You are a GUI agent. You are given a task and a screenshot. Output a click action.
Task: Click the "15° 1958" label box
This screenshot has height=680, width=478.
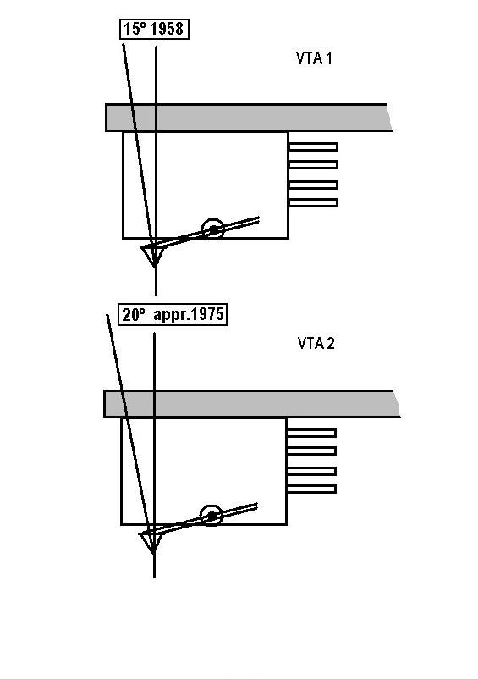(x=154, y=29)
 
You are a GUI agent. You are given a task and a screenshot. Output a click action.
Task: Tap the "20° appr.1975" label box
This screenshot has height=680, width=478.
(x=173, y=314)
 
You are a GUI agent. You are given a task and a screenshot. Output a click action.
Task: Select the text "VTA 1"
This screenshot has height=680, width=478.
(x=314, y=58)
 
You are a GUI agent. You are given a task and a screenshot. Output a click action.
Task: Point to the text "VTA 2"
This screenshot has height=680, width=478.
(x=316, y=343)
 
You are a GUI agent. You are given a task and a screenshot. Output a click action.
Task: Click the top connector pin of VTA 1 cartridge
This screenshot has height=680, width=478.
(x=313, y=147)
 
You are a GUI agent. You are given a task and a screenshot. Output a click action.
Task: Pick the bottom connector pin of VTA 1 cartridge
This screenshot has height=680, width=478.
(x=313, y=202)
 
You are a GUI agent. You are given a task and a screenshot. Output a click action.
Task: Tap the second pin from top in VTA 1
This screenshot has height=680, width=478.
(x=313, y=165)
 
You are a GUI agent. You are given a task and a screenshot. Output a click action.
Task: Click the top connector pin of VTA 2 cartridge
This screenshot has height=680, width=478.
(x=311, y=433)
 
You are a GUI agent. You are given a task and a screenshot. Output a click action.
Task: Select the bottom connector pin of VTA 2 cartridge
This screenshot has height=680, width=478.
(x=311, y=489)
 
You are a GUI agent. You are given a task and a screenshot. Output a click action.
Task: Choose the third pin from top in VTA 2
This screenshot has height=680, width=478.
(x=311, y=471)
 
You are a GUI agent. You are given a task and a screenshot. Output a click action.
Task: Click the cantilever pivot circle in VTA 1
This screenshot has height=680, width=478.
(x=213, y=229)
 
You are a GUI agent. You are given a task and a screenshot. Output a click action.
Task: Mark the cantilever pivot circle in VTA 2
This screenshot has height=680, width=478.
(x=211, y=516)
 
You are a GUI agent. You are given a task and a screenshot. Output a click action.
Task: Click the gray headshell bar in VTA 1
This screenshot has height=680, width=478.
(x=250, y=118)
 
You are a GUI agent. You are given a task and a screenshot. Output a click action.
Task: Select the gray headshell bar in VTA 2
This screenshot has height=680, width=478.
(x=251, y=404)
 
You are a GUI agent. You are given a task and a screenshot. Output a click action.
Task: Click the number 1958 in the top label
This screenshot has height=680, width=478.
(x=168, y=29)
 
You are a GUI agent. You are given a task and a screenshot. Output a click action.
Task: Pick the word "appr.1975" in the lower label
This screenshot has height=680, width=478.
(x=189, y=315)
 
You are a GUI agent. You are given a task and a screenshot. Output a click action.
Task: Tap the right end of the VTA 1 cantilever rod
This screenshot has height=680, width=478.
(x=258, y=219)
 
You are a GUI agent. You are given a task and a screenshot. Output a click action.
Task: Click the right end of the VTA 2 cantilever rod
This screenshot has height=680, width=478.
(x=257, y=506)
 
